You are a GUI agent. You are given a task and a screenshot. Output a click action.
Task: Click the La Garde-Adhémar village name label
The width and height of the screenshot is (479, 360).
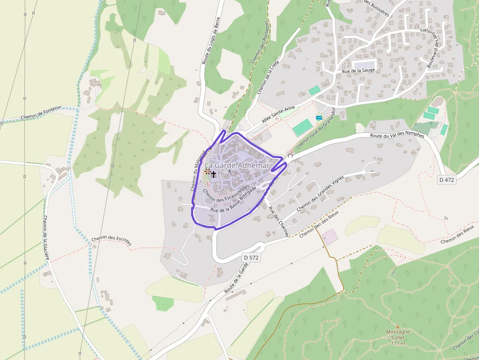coord(237,166)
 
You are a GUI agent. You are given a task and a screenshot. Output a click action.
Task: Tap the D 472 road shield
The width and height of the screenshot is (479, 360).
coord(447,179)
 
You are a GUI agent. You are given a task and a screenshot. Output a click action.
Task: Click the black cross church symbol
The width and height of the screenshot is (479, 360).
coord(214,173)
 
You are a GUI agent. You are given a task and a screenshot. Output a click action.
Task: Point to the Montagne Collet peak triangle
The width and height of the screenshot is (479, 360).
coord(397,327)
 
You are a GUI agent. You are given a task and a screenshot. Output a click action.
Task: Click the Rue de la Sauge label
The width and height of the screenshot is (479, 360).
coord(358,71)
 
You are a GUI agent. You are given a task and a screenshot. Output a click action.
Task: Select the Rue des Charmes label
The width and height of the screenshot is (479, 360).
coord(278,222)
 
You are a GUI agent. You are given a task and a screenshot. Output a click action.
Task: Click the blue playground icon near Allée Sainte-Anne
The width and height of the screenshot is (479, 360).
coord(319,118)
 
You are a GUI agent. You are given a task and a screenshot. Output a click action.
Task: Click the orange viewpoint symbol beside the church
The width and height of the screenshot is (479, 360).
coord(207,171)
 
